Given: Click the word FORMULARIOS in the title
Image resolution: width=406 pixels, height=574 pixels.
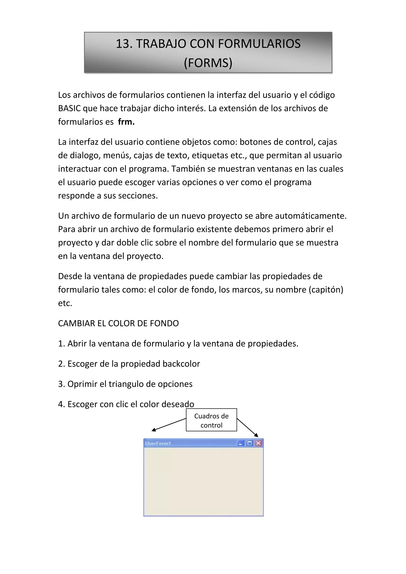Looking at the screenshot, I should (x=259, y=44).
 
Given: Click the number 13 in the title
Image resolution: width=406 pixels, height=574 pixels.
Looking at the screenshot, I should (x=124, y=44).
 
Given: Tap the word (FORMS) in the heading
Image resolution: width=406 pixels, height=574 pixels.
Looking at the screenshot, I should (x=208, y=63).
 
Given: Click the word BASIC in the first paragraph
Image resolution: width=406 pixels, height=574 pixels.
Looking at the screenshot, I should (x=69, y=108).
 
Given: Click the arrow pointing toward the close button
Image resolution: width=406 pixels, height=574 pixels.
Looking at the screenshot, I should (x=247, y=428).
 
